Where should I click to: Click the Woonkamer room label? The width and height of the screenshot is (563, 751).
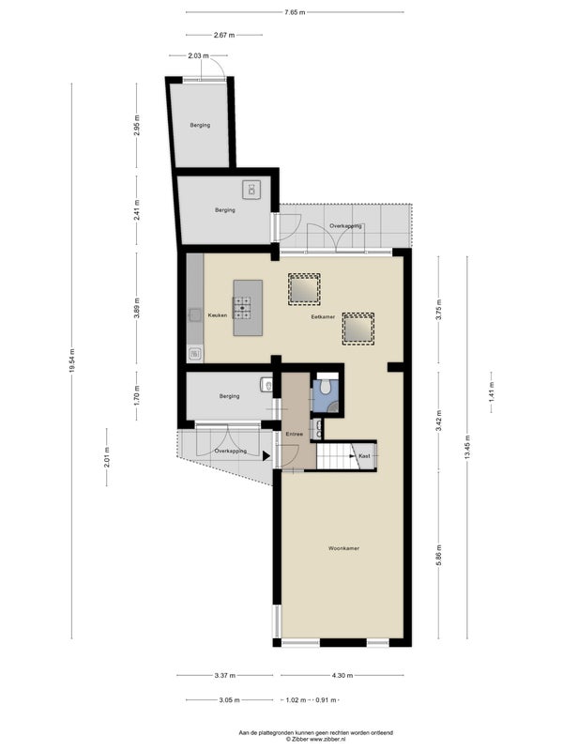343,548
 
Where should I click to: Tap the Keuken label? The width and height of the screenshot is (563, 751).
218,315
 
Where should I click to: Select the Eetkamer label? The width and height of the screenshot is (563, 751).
323,316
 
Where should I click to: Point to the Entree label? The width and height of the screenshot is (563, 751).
294,434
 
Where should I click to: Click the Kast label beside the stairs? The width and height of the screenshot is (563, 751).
364,456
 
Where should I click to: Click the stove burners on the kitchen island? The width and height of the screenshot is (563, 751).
242,308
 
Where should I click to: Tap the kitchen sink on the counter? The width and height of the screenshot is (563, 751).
195,314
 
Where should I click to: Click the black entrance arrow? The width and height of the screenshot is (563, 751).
266,456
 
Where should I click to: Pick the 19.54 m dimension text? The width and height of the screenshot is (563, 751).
72,360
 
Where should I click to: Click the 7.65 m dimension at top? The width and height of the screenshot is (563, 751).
295,12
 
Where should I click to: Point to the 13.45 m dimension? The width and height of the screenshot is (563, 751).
467,447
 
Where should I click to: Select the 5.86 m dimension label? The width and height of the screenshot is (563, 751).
438,555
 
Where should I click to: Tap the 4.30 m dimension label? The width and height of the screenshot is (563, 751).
342,675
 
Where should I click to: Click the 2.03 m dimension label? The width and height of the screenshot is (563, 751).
198,55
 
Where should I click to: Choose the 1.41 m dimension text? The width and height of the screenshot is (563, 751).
491,391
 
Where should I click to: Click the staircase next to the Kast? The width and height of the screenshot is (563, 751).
334,456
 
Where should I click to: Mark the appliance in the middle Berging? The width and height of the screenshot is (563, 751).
251,190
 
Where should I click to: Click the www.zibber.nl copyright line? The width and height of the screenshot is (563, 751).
316,739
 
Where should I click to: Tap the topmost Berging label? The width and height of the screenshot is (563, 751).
200,125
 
